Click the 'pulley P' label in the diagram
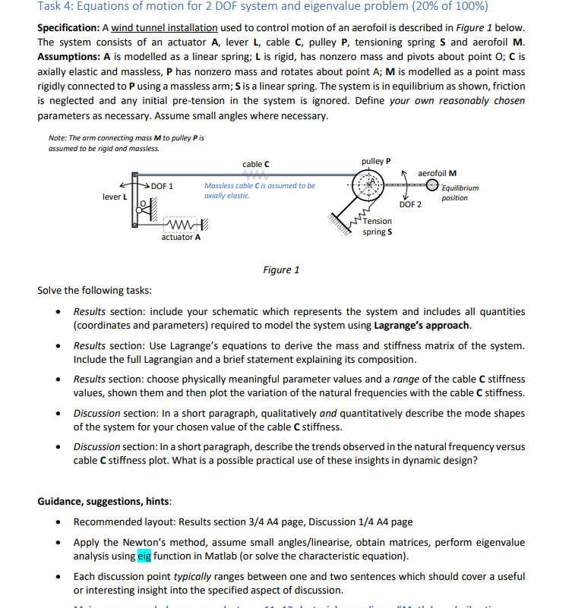tap(376, 161)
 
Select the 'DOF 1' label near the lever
tap(161, 186)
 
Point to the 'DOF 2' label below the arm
tap(410, 204)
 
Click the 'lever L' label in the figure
tap(116, 197)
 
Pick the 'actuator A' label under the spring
tap(181, 237)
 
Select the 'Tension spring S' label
tap(378, 226)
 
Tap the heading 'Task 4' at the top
tap(57, 8)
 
